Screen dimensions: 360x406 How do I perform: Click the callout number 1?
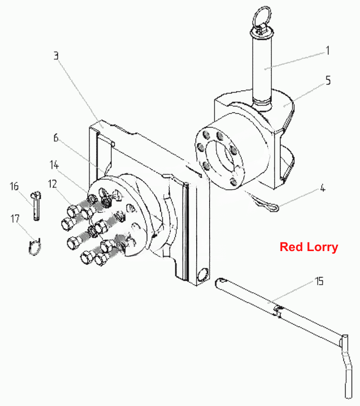(x=328, y=50)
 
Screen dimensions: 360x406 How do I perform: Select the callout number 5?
(x=328, y=80)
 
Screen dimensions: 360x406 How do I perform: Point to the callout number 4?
(x=323, y=188)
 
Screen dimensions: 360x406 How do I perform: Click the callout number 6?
(x=56, y=138)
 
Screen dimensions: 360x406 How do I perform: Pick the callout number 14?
(x=54, y=165)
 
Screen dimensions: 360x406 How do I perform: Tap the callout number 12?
(x=53, y=184)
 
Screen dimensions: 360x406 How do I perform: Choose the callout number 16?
(x=14, y=186)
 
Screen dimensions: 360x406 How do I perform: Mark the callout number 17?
(x=15, y=219)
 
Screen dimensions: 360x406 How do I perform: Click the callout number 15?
(x=319, y=281)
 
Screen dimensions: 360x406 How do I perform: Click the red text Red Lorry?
(x=309, y=247)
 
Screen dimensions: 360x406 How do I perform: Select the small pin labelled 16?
(x=36, y=206)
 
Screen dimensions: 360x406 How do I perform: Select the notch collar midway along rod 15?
(x=278, y=311)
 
